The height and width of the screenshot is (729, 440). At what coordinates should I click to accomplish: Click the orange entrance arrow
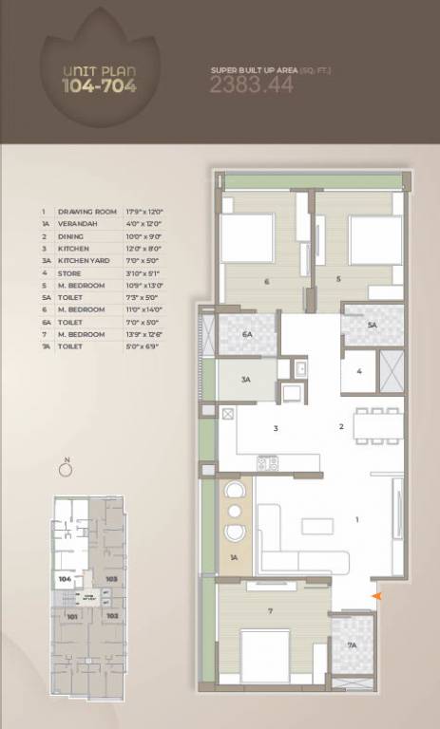(x=377, y=596)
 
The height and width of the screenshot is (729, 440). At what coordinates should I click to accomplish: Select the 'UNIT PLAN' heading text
(x=98, y=71)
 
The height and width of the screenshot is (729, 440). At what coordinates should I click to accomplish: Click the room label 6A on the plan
(x=247, y=334)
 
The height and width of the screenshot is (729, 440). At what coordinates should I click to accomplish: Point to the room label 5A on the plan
(x=373, y=325)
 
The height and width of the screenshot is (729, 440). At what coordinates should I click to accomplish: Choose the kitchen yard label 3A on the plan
(x=245, y=380)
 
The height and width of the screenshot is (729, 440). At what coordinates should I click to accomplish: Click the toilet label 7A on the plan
(x=352, y=645)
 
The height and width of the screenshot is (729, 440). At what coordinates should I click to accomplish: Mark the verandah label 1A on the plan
(x=234, y=557)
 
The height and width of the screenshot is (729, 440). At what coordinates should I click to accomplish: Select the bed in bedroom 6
(x=249, y=234)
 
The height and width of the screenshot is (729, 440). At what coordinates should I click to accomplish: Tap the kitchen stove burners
(x=268, y=463)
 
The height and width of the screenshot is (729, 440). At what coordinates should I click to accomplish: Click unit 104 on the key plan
(x=65, y=578)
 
